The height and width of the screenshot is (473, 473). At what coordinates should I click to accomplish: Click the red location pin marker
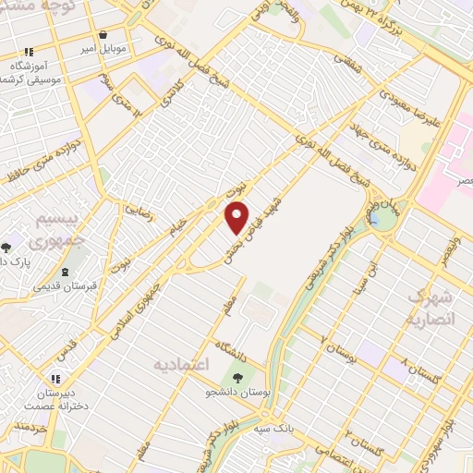tap(237, 216)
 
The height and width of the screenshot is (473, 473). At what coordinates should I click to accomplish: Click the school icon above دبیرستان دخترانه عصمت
tap(55, 378)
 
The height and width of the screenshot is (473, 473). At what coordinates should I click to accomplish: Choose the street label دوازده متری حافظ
tap(39, 166)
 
